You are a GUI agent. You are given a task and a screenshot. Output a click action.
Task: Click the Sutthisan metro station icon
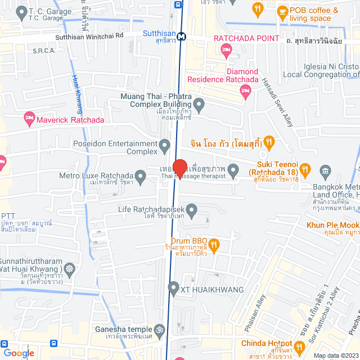point(181,37)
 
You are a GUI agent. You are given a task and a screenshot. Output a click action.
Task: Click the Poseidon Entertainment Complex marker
point(165,147)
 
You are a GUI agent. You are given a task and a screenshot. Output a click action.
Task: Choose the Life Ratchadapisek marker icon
point(192,211)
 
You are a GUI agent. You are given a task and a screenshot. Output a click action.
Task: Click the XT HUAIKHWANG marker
point(173,290)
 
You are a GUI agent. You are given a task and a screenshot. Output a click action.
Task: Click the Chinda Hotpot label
point(267,344)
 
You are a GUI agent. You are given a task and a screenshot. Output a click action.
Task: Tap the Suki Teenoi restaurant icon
point(305,168)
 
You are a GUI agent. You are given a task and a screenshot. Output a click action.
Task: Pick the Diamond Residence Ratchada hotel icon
point(244,93)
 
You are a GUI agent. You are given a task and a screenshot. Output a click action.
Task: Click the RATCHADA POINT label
point(246,38)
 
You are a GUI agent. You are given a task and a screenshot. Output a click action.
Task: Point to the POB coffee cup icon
point(282,12)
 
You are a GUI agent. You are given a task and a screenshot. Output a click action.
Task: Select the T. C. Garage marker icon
point(21,11)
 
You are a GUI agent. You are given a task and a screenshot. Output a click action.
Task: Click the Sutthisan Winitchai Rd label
point(89,37)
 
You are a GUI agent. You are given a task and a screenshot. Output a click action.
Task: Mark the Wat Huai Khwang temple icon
point(69,269)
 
